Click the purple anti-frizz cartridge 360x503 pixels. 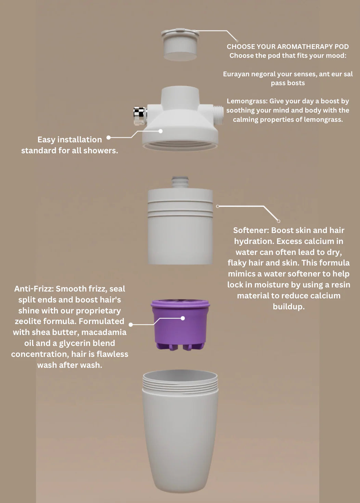180,324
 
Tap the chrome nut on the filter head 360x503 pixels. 140,116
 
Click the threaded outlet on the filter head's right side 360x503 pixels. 218,115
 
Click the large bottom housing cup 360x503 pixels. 180,431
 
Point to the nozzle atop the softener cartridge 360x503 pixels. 180,182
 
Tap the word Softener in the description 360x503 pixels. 251,230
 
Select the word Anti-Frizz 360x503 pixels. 34,289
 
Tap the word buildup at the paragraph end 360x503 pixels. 288,307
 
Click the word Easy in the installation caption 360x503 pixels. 46,140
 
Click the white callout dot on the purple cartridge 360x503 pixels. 183,318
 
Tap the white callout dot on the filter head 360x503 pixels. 160,131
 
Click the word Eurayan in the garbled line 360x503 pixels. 236,74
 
